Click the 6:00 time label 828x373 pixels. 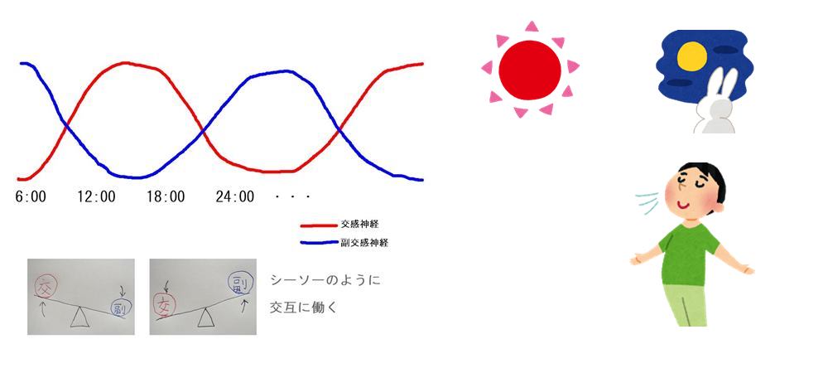coord(31,197)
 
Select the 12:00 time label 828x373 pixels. coord(96,197)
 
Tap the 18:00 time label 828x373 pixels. coord(166,197)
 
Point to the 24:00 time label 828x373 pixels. coord(235,197)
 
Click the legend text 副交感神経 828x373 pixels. coord(364,244)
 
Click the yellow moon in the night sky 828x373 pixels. coord(692,56)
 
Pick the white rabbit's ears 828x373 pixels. coord(724,86)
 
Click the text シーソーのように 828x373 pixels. coord(325,280)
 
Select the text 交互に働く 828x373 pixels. coord(305,307)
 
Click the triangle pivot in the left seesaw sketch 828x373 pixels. coord(79,317)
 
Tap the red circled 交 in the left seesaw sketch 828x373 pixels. coord(46,288)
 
